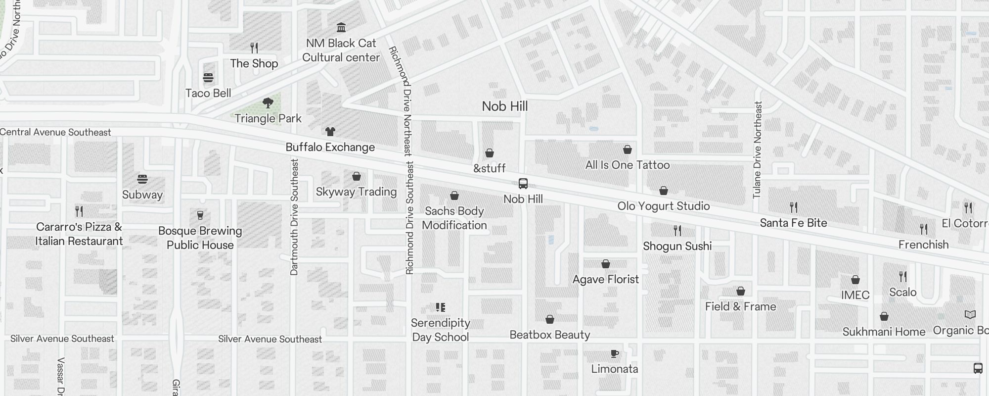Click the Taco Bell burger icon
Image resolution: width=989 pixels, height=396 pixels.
tap(208, 78)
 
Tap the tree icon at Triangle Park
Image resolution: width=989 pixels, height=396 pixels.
tap(268, 103)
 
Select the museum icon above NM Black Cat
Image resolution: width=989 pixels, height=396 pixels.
tap(341, 27)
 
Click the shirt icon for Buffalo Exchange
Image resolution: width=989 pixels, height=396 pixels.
tap(330, 132)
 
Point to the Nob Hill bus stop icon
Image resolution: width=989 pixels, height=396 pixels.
tap(523, 184)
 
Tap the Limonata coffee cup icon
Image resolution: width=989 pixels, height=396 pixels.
tap(614, 353)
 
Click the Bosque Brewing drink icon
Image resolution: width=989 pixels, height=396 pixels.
tap(200, 215)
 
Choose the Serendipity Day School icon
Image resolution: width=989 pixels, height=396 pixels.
tap(440, 307)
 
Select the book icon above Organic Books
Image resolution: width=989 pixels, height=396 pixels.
tap(970, 315)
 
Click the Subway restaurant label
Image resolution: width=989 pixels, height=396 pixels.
tap(142, 195)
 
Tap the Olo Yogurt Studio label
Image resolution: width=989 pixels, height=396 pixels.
tap(663, 206)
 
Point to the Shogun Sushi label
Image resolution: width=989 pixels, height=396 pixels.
tap(677, 246)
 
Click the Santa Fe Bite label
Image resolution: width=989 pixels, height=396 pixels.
tap(793, 223)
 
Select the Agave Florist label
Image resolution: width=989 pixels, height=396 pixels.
tap(605, 279)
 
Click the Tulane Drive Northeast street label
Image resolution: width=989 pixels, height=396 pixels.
tap(758, 149)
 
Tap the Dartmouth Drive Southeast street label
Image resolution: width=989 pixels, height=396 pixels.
tap(294, 217)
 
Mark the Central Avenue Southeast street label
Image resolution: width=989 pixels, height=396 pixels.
tap(55, 132)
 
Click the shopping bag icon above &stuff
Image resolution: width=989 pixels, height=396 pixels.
tap(489, 153)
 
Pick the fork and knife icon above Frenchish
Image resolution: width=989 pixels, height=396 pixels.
tap(923, 229)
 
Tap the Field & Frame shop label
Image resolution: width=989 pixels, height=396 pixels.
tap(740, 306)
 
